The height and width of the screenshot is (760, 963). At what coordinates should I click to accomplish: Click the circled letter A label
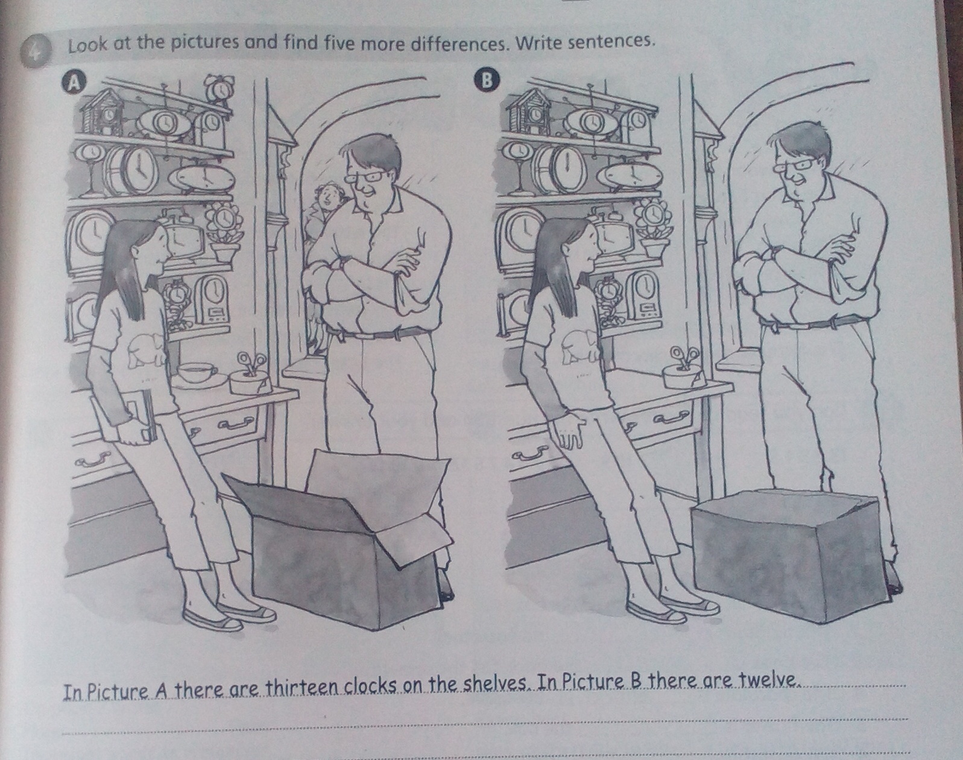pos(76,83)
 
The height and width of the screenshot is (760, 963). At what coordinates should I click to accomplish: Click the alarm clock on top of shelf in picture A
pos(218,87)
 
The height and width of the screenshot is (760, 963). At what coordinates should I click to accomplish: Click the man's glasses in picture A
pos(366,176)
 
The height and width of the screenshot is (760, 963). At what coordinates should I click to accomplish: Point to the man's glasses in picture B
pos(795,165)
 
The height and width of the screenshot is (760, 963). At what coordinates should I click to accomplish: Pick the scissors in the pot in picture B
pos(683,358)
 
